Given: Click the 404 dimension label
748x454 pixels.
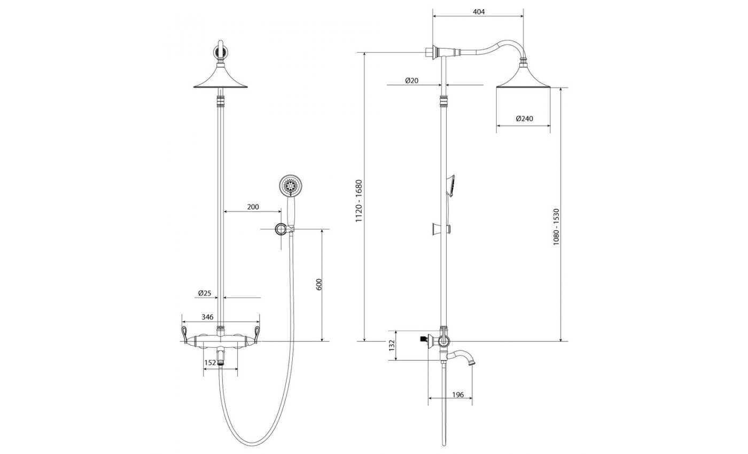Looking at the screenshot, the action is click(479, 12).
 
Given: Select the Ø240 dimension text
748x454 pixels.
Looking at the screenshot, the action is click(524, 119).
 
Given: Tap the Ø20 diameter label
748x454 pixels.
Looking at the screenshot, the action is click(412, 81).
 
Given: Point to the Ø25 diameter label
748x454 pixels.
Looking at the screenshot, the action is click(205, 293).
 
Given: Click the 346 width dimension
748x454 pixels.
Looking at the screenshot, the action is click(207, 317).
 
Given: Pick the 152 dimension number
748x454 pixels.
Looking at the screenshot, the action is click(210, 363).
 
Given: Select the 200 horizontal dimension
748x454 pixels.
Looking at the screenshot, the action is click(253, 207).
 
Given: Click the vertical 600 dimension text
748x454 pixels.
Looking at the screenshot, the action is click(319, 284).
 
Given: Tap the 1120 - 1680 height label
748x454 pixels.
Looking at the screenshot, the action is click(359, 201).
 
